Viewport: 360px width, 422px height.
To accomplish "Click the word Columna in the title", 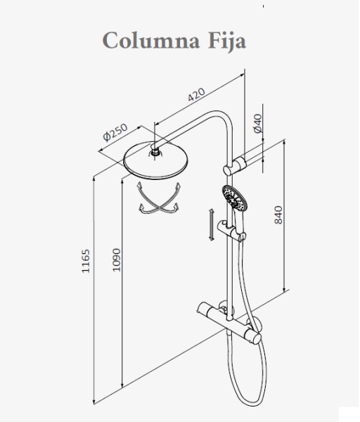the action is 151,40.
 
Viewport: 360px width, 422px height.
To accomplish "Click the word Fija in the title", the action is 227,41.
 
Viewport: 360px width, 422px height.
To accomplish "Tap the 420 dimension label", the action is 196,94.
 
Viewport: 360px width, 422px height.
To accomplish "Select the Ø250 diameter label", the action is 115,132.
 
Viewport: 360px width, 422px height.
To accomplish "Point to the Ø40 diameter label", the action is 257,123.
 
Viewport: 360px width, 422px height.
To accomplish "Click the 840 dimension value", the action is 278,215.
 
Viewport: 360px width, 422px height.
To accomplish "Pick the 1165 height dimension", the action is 86,261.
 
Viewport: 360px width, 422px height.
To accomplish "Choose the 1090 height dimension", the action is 116,260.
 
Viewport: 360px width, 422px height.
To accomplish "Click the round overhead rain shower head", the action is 155,162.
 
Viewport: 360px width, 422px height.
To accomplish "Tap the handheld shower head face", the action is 235,198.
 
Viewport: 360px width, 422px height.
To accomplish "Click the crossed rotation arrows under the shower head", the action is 159,198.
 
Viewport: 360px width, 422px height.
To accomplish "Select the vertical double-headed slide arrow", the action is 212,225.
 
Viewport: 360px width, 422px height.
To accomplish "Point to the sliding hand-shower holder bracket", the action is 231,231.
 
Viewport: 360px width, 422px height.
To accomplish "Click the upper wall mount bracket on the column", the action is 235,166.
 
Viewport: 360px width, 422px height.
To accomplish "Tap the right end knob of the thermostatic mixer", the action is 255,338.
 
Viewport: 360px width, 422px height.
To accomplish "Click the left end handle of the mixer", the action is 203,309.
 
